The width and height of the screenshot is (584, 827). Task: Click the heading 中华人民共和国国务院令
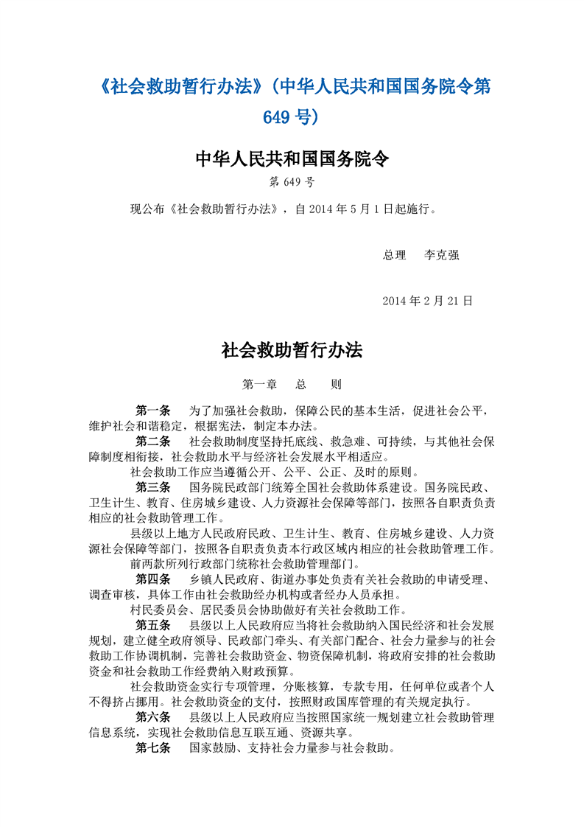point(292,158)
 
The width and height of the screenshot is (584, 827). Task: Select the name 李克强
point(442,255)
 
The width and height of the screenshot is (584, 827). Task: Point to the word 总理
point(395,255)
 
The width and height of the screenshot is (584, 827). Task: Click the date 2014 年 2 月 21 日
point(428,301)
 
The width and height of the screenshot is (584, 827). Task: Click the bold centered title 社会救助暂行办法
point(292,351)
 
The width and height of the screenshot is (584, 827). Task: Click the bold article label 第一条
point(153,411)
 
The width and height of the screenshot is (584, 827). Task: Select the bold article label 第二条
point(153,442)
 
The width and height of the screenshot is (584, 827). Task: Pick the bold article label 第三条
point(153,487)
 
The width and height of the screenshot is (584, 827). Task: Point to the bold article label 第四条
point(153,579)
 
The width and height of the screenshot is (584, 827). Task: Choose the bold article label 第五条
point(153,625)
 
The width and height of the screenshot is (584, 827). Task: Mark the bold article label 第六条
point(153,717)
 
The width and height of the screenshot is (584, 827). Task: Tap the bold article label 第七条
point(153,748)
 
